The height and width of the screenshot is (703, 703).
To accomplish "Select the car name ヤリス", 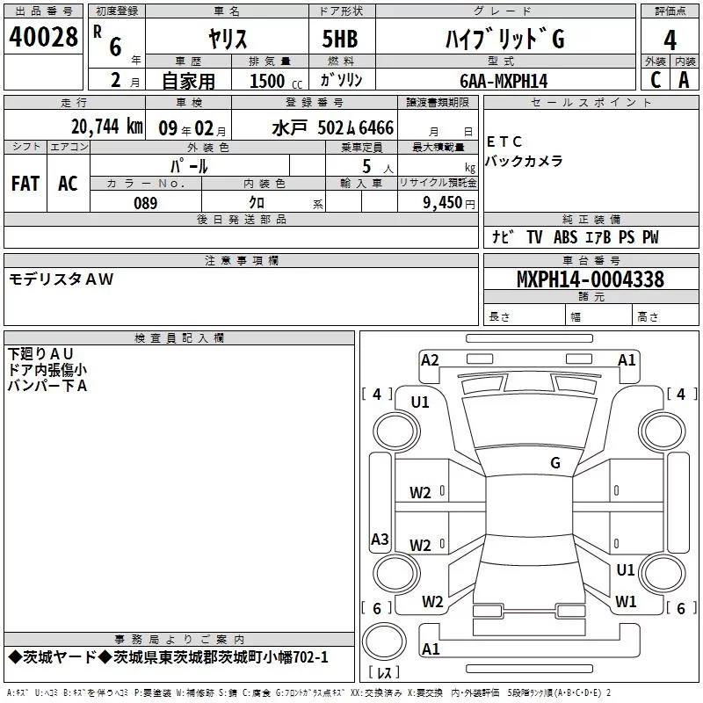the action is coord(227,39).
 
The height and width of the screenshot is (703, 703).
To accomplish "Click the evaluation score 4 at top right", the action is coord(670,40).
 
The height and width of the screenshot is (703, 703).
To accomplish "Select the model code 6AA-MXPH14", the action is coord(503,80).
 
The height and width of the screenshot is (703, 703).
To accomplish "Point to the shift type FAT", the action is coord(25,184).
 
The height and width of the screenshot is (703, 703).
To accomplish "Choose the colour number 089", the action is coord(145,203).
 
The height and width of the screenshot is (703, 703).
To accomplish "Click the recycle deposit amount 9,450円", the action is coord(439,203).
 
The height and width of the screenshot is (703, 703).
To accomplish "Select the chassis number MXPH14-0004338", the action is coord(590,279).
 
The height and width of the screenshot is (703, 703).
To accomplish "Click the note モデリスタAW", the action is coord(61,279).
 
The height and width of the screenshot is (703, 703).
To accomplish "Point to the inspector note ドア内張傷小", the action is coord(47,370).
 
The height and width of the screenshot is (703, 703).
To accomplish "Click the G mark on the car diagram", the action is coord(554,463).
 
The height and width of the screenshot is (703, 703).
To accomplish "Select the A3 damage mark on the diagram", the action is coord(380,540).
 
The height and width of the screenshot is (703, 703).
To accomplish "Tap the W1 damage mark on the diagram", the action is coord(626,601).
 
